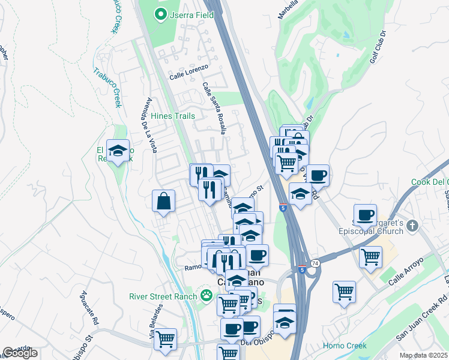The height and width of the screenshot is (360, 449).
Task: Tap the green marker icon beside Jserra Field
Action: (x=161, y=14)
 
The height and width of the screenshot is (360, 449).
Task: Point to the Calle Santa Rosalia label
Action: (x=214, y=108)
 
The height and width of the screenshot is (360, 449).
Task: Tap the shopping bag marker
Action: (x=163, y=202)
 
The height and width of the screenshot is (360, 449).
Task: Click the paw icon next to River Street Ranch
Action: (x=206, y=295)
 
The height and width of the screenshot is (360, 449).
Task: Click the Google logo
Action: (x=20, y=353)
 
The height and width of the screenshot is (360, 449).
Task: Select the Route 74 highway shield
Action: (x=316, y=263)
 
